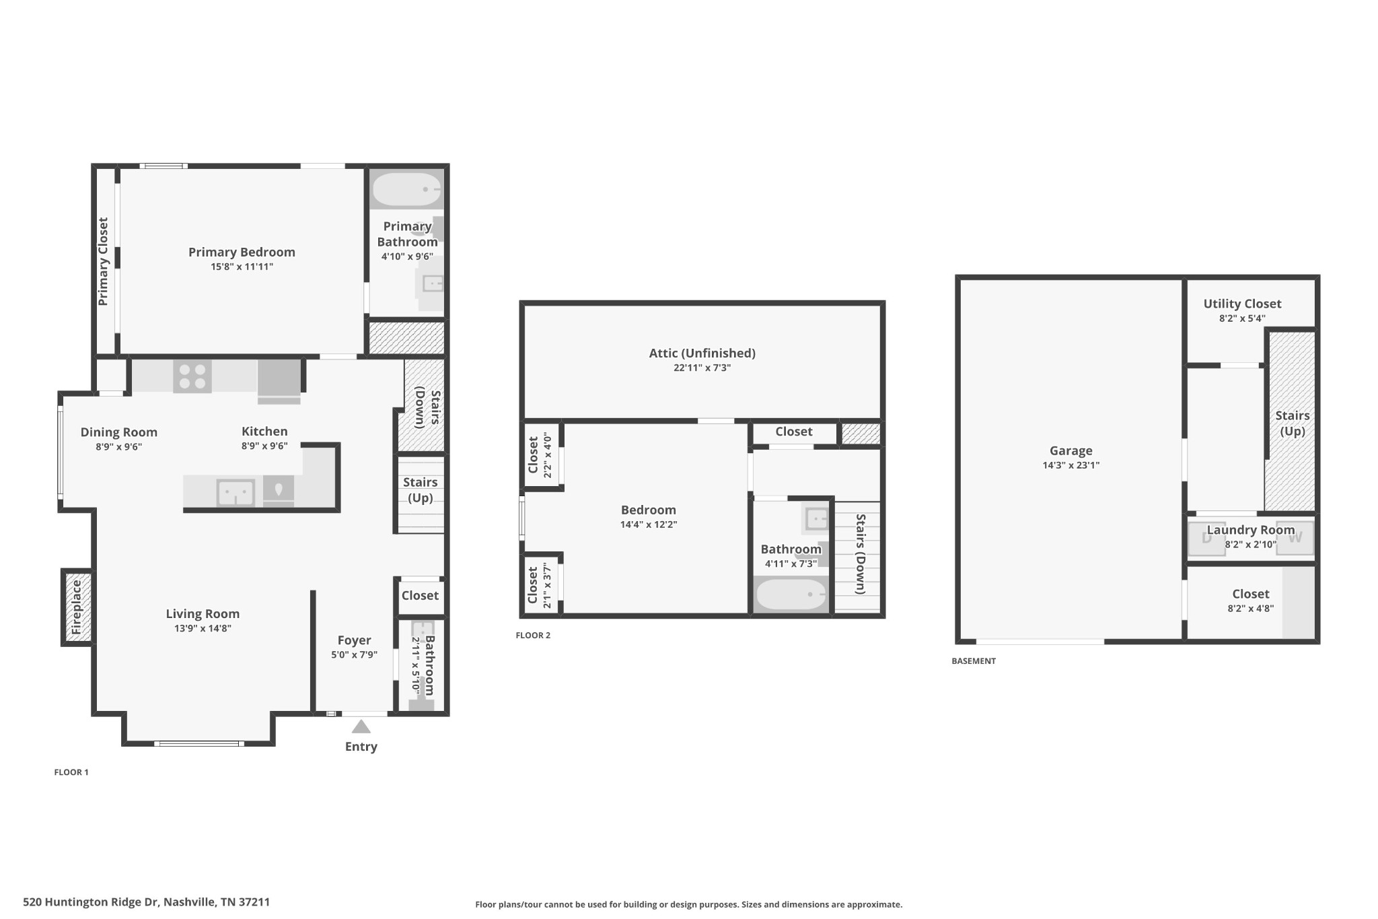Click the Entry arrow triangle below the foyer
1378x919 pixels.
361,727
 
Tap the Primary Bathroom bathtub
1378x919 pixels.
406,190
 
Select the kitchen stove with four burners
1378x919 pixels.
192,376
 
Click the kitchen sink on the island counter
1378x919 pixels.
235,493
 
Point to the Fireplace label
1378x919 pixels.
77,607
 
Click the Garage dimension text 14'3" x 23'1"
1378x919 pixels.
1071,465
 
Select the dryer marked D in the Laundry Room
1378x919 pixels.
1206,539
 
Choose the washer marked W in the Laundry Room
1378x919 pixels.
1295,539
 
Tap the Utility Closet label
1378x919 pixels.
1242,304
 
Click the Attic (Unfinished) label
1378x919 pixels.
702,353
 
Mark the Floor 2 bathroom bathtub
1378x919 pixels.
791,594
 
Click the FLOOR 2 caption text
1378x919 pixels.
533,635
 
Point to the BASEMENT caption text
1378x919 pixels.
974,661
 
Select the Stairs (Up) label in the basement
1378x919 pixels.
1292,423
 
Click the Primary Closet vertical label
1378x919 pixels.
103,261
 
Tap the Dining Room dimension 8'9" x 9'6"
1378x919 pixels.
118,446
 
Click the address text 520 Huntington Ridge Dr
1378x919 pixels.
146,902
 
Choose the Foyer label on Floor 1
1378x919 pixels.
354,640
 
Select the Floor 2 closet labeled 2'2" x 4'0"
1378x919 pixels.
540,455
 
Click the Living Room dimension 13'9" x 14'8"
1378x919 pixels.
203,628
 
